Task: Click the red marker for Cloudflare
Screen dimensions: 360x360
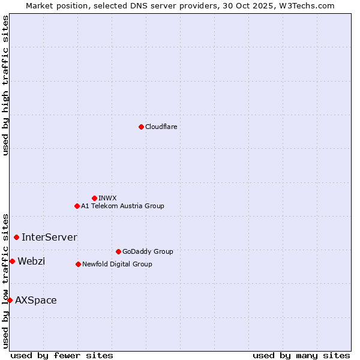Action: click(x=141, y=127)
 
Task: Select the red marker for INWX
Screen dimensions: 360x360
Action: click(x=94, y=198)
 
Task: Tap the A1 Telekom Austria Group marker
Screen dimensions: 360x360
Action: click(x=77, y=206)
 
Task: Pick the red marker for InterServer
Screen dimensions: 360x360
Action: click(x=16, y=237)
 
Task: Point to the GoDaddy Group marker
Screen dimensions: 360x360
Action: click(x=118, y=251)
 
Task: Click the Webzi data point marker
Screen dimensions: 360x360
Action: click(x=12, y=261)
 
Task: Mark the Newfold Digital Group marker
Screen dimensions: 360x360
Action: click(x=78, y=264)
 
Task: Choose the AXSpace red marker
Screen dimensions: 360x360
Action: click(x=10, y=300)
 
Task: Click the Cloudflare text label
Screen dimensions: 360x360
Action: click(x=161, y=127)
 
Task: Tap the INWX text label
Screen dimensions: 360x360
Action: click(x=107, y=198)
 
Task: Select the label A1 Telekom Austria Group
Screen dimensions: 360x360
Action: click(x=122, y=206)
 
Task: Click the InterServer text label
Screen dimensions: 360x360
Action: click(x=49, y=237)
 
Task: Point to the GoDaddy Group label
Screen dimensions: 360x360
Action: click(x=148, y=251)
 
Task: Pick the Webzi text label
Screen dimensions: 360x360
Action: click(x=31, y=261)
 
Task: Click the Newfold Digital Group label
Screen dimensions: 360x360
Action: click(x=117, y=264)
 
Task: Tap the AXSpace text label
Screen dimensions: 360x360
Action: click(x=36, y=300)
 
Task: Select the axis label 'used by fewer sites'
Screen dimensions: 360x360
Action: click(x=62, y=355)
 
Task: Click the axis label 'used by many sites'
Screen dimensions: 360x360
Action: click(x=301, y=355)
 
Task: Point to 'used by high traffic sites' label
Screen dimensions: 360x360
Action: click(x=5, y=85)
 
